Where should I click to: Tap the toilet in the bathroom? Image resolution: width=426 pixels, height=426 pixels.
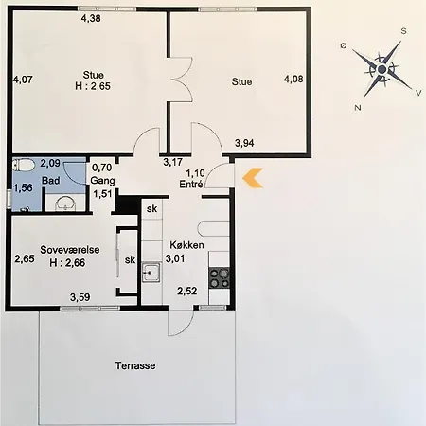click(24, 165)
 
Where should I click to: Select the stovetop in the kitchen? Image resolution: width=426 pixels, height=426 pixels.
click(220, 278)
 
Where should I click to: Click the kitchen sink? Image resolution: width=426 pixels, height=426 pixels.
click(151, 272)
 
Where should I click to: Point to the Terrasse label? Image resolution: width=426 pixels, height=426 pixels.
click(135, 365)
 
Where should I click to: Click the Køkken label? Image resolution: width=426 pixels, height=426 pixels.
click(186, 245)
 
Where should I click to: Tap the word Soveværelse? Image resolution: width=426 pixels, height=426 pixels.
click(70, 250)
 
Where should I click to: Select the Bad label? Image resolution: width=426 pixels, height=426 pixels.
click(51, 181)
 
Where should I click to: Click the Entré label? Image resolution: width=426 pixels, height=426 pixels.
click(191, 184)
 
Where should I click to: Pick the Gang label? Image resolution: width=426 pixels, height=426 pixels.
click(102, 181)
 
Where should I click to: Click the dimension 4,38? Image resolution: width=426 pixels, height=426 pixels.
click(91, 18)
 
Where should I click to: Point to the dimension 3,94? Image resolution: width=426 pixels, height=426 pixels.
click(244, 143)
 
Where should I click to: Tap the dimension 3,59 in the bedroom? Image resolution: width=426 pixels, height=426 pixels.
click(80, 297)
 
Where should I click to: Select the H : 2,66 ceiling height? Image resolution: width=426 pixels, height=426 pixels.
click(67, 262)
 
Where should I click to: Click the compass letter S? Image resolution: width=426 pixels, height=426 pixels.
click(403, 31)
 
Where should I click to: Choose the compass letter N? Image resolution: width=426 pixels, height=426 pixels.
click(358, 108)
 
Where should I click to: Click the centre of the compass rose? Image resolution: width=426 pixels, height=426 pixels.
click(382, 69)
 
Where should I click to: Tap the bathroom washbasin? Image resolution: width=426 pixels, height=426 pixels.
click(65, 203)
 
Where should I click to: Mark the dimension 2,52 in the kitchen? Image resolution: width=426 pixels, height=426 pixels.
click(186, 291)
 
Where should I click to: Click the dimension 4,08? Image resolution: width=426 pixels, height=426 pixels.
click(293, 79)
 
